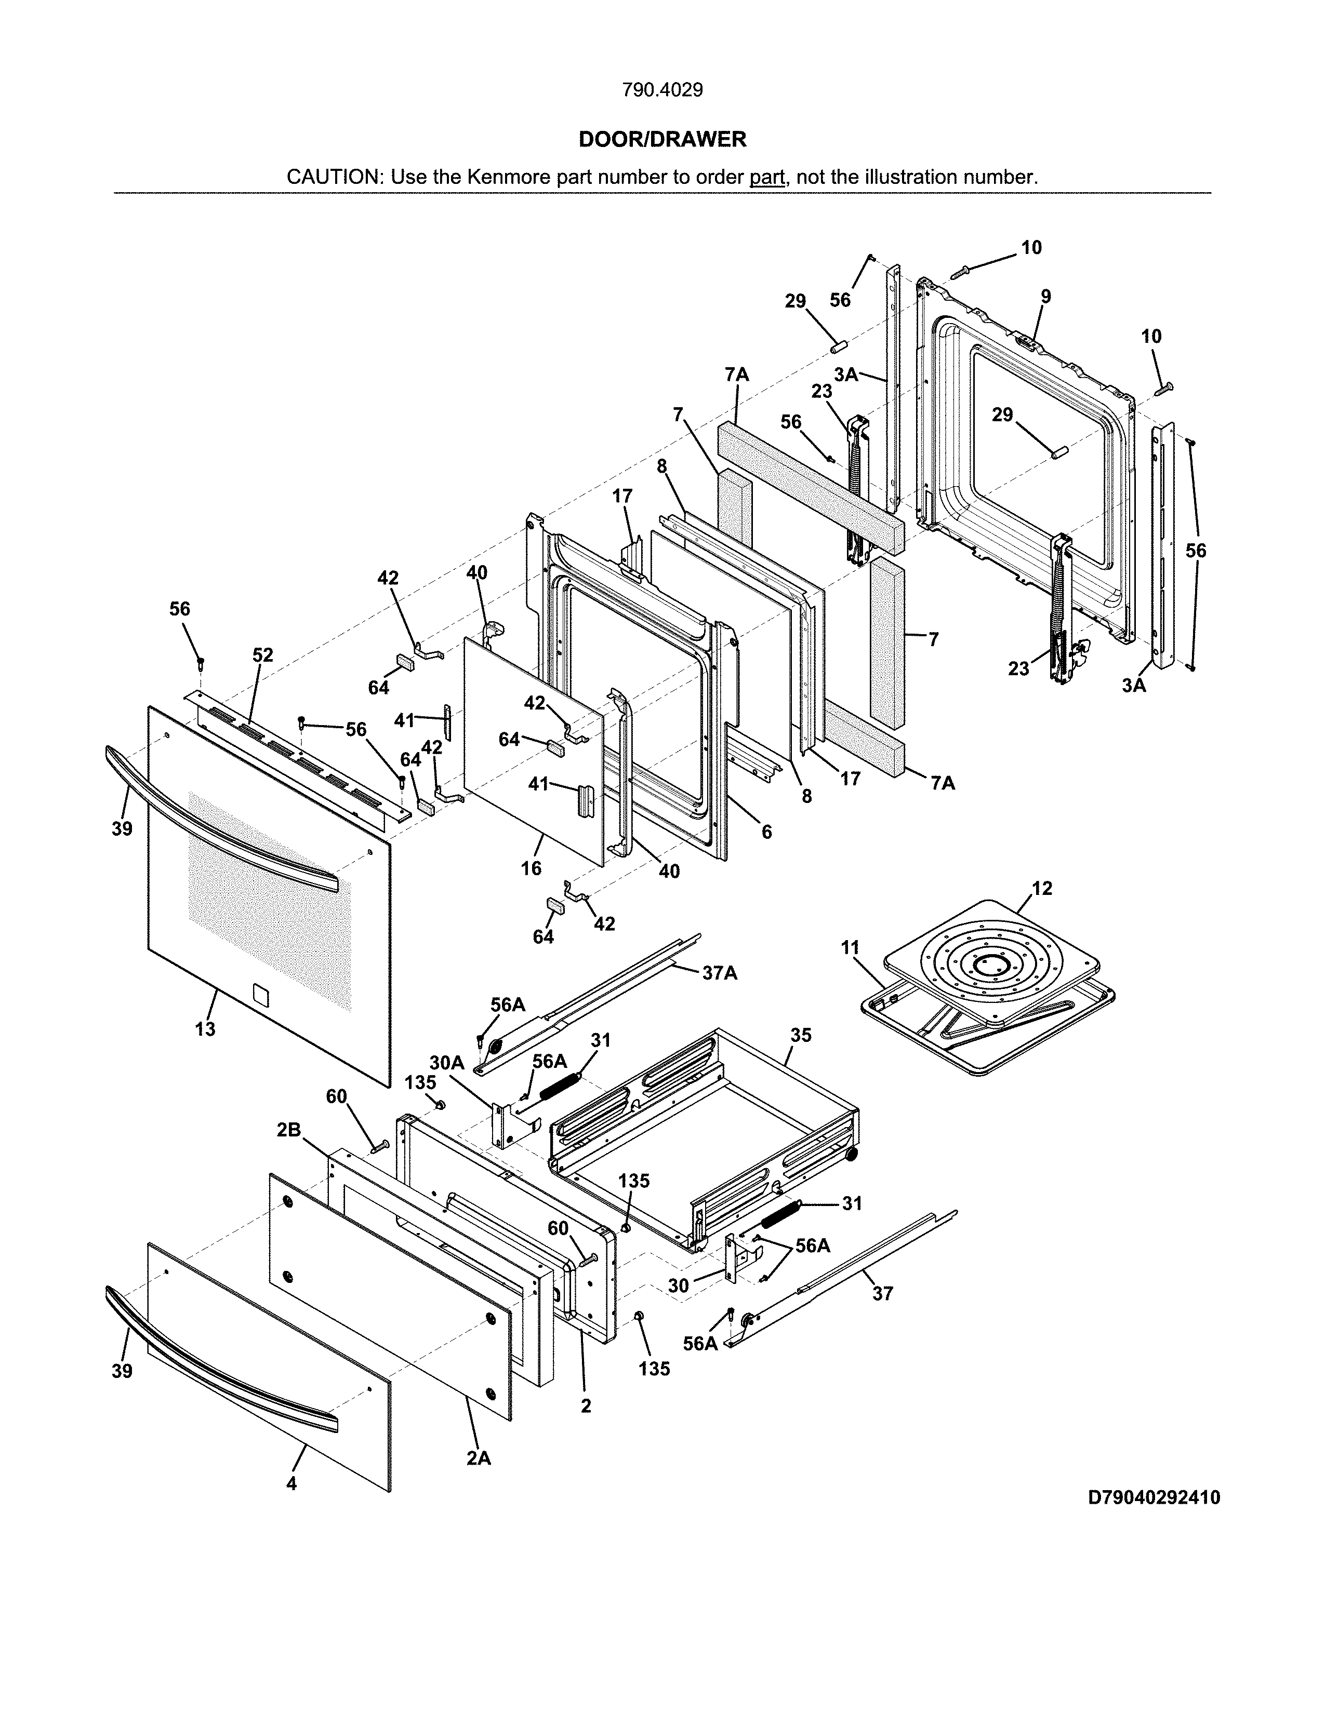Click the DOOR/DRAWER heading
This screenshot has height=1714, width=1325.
point(661,140)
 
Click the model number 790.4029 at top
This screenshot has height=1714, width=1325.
point(661,90)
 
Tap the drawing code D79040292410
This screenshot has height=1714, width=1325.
point(1153,1497)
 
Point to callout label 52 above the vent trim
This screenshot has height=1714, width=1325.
point(262,655)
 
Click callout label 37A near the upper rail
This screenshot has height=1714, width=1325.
point(719,973)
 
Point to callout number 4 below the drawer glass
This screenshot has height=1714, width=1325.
point(291,1484)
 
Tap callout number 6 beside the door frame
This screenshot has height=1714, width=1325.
point(766,832)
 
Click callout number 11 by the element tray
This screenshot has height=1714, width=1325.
point(850,948)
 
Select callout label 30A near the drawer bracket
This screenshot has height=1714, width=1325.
point(447,1063)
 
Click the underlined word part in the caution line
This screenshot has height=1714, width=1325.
point(767,177)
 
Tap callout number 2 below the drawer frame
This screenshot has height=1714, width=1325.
point(586,1407)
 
